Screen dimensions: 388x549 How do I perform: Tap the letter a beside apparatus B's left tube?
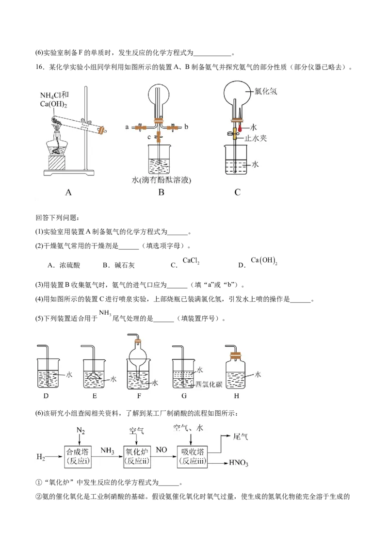coord(127,127)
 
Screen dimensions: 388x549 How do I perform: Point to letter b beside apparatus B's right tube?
coord(186,127)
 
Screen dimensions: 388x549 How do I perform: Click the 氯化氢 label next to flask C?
coord(265,92)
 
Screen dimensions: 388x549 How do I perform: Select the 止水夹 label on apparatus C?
coord(255,138)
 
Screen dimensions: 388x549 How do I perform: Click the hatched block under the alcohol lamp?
coord(56,163)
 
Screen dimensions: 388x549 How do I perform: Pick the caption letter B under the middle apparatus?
coord(161,192)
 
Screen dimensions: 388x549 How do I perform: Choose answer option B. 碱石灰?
coord(118,265)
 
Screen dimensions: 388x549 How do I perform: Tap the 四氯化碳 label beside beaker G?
coord(209,385)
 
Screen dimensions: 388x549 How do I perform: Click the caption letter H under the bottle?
coord(236,396)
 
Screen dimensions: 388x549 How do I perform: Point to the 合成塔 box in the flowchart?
coord(78,456)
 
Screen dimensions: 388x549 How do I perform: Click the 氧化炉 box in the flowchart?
coord(137,456)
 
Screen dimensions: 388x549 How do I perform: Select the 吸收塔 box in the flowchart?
coord(192,456)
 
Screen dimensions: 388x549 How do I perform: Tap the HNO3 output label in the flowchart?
coord(239,463)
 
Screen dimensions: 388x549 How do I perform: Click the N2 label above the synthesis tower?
coord(81,430)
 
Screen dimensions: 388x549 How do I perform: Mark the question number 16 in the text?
coord(39,67)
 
